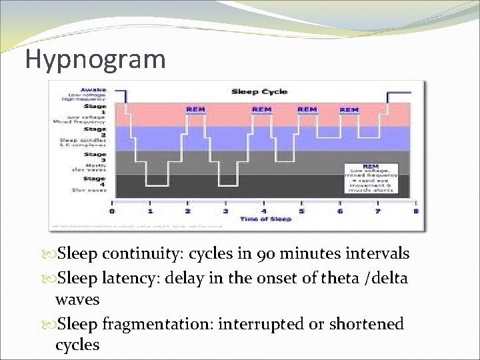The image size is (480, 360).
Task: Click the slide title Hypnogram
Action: pyautogui.click(x=95, y=59)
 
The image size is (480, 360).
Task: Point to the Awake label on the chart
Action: pyautogui.click(x=92, y=89)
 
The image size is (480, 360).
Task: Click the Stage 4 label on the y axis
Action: pyautogui.click(x=94, y=179)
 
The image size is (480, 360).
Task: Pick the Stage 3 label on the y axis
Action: pyautogui.click(x=94, y=155)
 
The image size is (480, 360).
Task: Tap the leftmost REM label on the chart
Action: pyautogui.click(x=195, y=109)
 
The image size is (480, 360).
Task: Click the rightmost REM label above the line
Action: pyautogui.click(x=349, y=109)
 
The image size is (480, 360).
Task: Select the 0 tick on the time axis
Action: pyautogui.click(x=112, y=211)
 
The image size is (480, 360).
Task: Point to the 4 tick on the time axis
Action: pyautogui.click(x=264, y=211)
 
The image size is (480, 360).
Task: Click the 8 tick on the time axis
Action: pyautogui.click(x=416, y=211)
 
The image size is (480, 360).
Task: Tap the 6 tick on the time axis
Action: pyautogui.click(x=340, y=211)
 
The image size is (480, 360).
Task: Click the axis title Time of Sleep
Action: pyautogui.click(x=265, y=219)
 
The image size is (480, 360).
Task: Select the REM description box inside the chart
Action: pyautogui.click(x=370, y=177)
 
